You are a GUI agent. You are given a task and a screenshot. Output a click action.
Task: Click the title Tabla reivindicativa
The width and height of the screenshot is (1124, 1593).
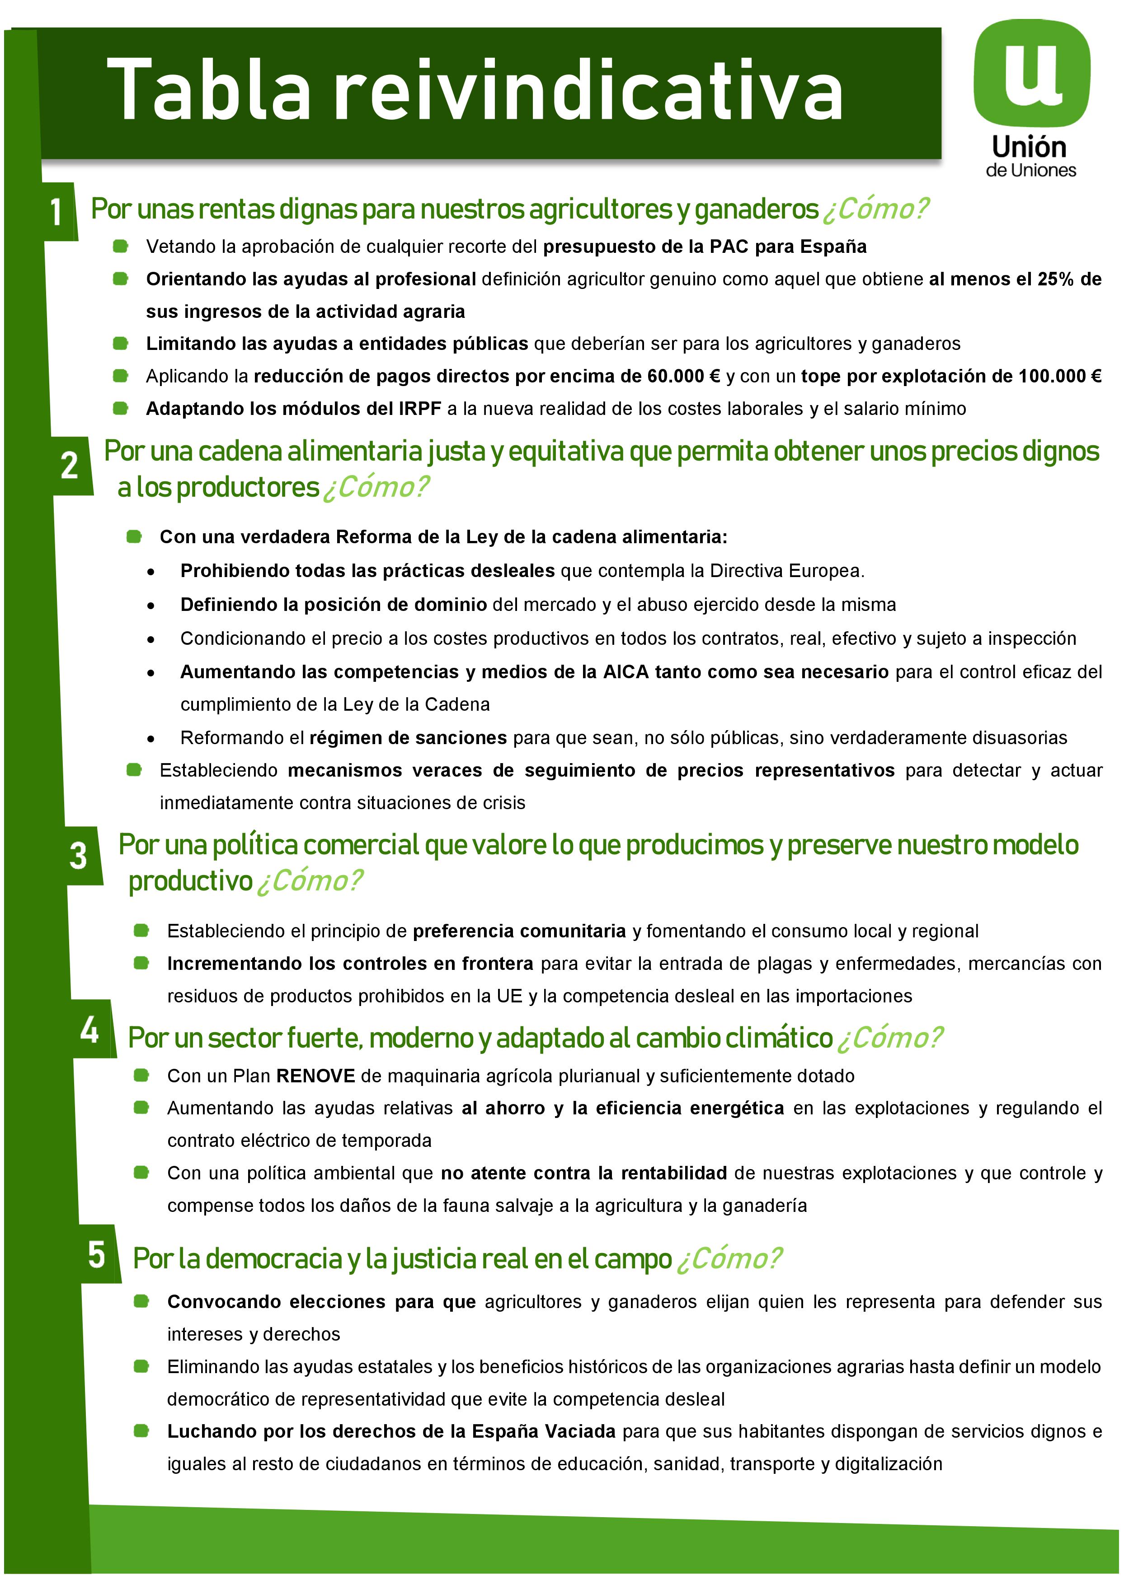pyautogui.click(x=475, y=91)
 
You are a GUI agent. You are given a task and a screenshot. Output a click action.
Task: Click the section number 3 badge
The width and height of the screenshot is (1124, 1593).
pyautogui.click(x=79, y=856)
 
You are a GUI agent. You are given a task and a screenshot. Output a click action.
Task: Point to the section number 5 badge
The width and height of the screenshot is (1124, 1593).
pyautogui.click(x=97, y=1254)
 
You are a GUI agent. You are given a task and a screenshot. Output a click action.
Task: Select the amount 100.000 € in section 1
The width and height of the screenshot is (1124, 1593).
pyautogui.click(x=1059, y=376)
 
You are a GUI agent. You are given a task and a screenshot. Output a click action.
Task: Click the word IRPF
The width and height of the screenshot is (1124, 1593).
pyautogui.click(x=419, y=409)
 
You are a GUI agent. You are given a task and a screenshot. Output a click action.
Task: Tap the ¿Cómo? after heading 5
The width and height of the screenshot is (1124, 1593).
pyautogui.click(x=729, y=1258)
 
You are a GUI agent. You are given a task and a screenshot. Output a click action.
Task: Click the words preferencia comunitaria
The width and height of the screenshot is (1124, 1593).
pyautogui.click(x=519, y=931)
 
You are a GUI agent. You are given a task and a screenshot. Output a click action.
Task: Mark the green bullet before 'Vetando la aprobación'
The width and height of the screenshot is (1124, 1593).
pyautogui.click(x=121, y=246)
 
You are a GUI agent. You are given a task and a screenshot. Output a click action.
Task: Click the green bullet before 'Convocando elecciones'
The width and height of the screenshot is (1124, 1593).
pyautogui.click(x=141, y=1301)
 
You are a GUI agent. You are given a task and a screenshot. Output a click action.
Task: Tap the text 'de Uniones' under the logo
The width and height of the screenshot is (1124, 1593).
pyautogui.click(x=1031, y=171)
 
